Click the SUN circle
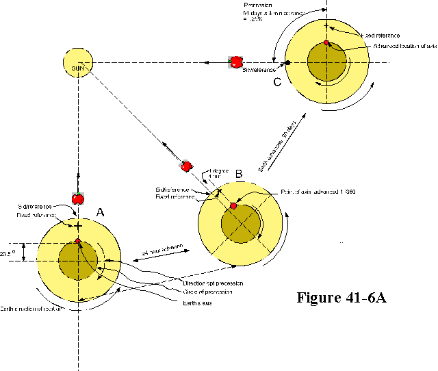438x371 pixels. pyautogui.click(x=78, y=63)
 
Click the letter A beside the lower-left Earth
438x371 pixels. pyautogui.click(x=100, y=213)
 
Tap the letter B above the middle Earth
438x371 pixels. pyautogui.click(x=238, y=174)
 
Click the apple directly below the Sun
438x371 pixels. pyautogui.click(x=78, y=199)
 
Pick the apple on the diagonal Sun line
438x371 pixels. pyautogui.click(x=185, y=166)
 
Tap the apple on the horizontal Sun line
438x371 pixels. pyautogui.click(x=235, y=62)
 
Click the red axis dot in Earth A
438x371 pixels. pyautogui.click(x=78, y=241)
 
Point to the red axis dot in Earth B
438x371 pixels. pyautogui.click(x=233, y=206)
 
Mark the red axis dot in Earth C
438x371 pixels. pyautogui.click(x=326, y=43)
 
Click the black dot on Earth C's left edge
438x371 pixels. pyautogui.click(x=288, y=63)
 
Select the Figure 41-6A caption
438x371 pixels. pyautogui.click(x=342, y=298)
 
